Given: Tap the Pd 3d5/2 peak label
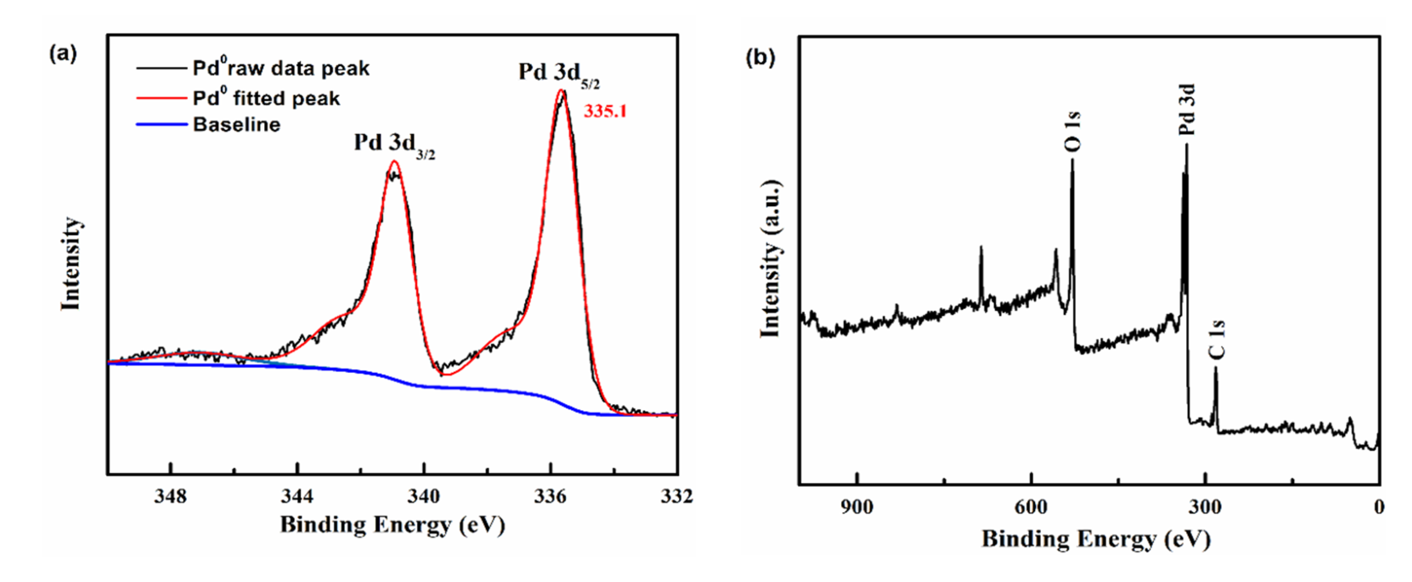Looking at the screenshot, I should [559, 74].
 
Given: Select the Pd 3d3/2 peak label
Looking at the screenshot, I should [394, 144].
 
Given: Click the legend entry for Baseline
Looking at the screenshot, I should [236, 125].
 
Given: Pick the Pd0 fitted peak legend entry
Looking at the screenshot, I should [266, 98].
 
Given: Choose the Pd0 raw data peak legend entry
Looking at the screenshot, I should [281, 69].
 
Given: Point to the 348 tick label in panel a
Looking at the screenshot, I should [171, 496].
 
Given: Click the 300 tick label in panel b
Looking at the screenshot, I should [1205, 507].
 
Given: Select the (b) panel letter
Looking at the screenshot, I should [760, 57].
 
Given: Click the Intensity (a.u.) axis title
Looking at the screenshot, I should [771, 259].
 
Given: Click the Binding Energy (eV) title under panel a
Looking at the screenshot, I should [392, 525].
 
